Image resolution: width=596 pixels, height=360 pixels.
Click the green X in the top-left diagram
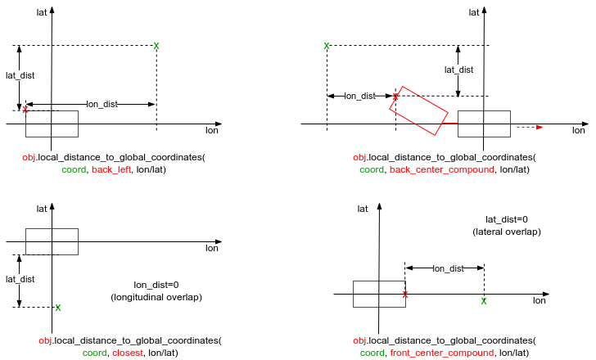pyautogui.click(x=156, y=45)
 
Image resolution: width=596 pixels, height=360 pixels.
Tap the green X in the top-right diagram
pyautogui.click(x=327, y=46)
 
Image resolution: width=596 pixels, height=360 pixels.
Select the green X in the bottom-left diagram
pyautogui.click(x=57, y=308)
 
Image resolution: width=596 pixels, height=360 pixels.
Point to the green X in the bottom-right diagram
pyautogui.click(x=484, y=301)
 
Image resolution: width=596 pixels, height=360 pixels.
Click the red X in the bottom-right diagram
pyautogui.click(x=405, y=293)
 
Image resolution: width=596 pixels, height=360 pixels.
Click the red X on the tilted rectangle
pyautogui.click(x=395, y=97)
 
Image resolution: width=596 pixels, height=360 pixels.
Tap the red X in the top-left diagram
pyautogui.click(x=25, y=109)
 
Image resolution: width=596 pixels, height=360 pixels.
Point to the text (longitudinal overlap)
pyautogui.click(x=156, y=297)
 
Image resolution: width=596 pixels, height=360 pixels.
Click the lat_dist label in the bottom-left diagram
pyautogui.click(x=20, y=279)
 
